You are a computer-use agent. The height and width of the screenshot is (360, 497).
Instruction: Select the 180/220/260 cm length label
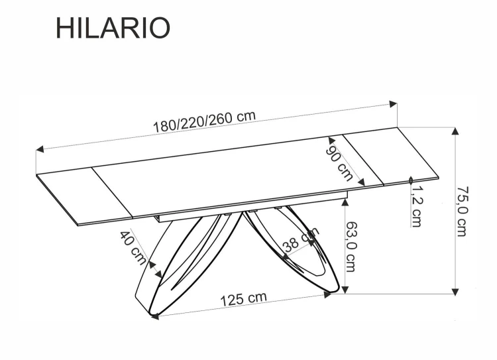205,121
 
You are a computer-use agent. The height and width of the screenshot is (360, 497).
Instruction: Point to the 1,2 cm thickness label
416,206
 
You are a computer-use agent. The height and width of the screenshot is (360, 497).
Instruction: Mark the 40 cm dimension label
133,247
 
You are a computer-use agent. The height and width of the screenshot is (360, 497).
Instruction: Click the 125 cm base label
243,300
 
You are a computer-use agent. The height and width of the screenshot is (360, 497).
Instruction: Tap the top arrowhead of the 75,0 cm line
455,131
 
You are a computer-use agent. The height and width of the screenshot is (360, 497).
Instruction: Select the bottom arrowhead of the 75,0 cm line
455,289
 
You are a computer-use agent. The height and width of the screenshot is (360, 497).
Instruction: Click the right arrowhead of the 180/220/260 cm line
394,104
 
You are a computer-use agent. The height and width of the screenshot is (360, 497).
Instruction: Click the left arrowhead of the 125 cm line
156,316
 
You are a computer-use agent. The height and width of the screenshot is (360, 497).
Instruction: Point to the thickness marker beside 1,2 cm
412,180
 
